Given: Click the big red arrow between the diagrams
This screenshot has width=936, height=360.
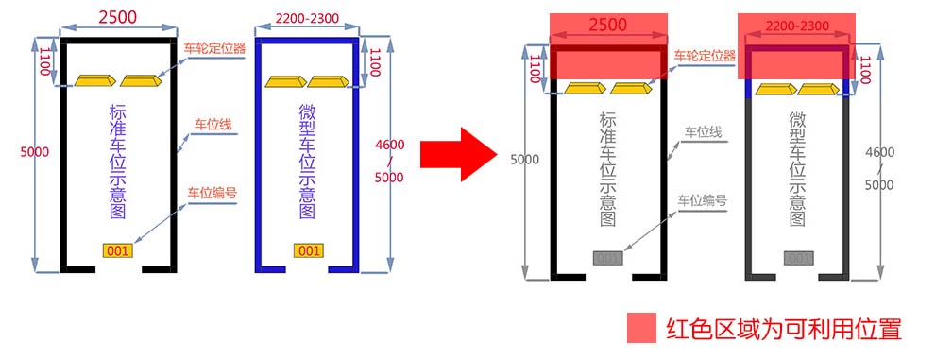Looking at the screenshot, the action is point(458,154).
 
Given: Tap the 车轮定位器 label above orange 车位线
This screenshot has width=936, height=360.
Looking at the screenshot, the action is point(213,48).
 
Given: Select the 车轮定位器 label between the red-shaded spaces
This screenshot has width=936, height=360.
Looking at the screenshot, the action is point(705,56).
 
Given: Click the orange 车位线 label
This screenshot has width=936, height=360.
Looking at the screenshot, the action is point(212,124).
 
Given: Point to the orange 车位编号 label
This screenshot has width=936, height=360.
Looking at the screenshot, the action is point(212,193).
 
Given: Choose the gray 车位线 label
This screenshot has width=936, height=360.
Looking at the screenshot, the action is point(703,132).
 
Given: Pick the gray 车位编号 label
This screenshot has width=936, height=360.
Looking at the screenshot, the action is point(702,200).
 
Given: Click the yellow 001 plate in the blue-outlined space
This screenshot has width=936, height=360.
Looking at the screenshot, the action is point(308,250).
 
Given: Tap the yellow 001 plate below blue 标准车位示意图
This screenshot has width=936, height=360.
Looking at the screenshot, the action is point(118,250).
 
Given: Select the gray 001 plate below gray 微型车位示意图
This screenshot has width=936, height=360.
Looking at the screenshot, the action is point(799,259).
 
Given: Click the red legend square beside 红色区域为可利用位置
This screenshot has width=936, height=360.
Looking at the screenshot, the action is point(641,328).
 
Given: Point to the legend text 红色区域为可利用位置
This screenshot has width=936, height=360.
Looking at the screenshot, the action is point(783,329).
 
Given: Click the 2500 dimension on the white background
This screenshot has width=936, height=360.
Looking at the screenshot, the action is point(118,17).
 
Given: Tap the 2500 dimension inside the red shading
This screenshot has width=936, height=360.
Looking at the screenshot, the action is point(607,25).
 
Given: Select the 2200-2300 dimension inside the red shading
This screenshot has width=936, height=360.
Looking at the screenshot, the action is point(797,26).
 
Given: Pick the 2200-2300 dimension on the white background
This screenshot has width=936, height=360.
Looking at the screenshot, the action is point(307,18).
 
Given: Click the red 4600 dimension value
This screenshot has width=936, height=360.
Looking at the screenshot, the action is point(390,145).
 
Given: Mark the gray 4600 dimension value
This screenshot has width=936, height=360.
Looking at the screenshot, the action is point(879,152).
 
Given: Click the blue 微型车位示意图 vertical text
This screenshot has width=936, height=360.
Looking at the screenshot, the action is point(307,162).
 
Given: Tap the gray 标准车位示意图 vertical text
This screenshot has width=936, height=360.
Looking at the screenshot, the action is point(606,169).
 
